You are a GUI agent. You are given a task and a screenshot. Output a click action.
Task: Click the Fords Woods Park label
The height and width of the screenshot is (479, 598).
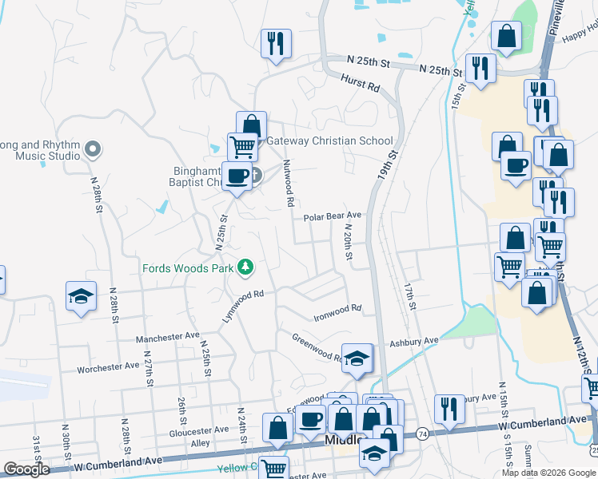(x=189, y=267)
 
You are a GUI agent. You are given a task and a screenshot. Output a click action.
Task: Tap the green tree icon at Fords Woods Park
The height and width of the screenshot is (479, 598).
(x=247, y=267)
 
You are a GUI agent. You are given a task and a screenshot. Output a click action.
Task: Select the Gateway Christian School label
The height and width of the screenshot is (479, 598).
(x=329, y=141)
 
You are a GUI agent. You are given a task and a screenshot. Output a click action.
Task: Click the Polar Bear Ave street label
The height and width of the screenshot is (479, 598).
(x=333, y=216)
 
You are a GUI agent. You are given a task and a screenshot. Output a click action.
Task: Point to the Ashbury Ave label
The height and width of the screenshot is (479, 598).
(x=414, y=341)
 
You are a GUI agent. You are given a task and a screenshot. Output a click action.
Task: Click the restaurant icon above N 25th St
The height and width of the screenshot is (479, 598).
(x=276, y=43)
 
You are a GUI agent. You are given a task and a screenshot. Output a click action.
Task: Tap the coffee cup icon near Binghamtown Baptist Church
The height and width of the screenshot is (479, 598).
(x=237, y=175)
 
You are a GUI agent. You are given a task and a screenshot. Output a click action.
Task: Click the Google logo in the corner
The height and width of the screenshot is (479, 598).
(x=26, y=469)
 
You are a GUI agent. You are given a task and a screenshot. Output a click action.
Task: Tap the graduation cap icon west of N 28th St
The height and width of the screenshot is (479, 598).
(x=81, y=295)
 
